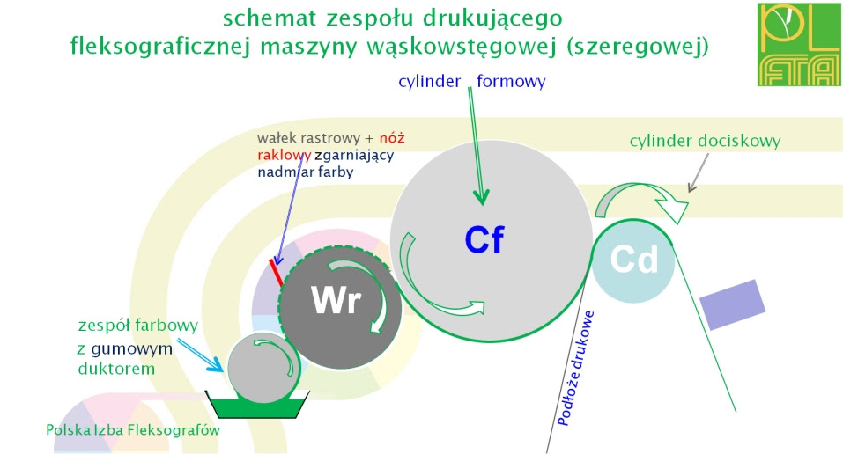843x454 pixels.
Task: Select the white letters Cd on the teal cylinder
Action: tap(634, 260)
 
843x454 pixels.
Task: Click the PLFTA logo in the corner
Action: tap(797, 44)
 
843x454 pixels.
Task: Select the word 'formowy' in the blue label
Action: tap(511, 82)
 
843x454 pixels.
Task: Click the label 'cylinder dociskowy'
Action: tap(705, 140)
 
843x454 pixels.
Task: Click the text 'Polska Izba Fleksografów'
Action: tap(133, 430)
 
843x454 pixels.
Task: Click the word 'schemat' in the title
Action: tap(269, 18)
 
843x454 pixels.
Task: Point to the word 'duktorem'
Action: tap(115, 369)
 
